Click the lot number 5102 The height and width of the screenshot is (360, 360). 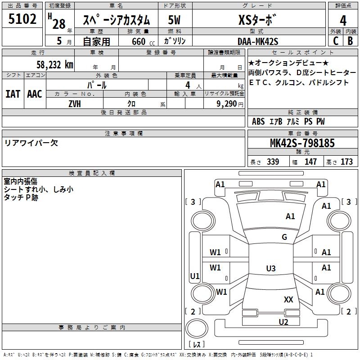point(22,19)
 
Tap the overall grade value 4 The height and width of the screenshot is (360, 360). point(343,21)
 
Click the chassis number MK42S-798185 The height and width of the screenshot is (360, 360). point(302,144)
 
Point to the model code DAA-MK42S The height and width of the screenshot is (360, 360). point(258,41)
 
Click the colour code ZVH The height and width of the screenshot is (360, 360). point(75,103)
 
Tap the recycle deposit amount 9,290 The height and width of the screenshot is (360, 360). point(227,103)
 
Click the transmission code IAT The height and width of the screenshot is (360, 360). point(13,94)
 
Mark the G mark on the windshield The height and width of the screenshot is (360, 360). point(284,237)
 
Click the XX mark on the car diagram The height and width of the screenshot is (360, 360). point(288,299)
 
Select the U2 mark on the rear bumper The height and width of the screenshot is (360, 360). point(283,321)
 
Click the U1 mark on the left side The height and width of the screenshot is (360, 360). point(195,276)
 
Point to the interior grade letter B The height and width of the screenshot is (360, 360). point(350,41)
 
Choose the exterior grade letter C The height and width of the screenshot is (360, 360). point(335,41)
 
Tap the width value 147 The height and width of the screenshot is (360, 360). point(310,162)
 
